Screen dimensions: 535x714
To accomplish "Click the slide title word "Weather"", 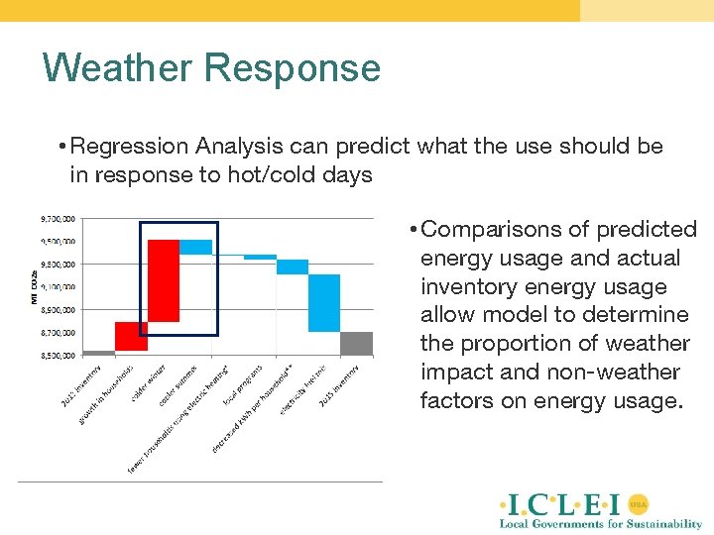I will coord(117,68).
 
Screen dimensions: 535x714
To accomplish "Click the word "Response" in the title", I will coord(293,68).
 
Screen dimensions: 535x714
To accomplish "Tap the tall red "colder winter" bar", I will coord(164,280).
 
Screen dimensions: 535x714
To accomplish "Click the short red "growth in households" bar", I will coord(131,336).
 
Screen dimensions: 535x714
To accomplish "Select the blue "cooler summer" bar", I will coord(195,247).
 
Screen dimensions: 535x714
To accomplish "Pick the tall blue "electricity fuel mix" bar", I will coord(324,302).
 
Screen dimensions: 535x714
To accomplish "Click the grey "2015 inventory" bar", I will coord(357,343).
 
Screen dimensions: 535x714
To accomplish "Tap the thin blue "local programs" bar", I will coord(260,257).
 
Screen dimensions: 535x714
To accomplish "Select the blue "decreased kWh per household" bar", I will coord(293,267).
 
